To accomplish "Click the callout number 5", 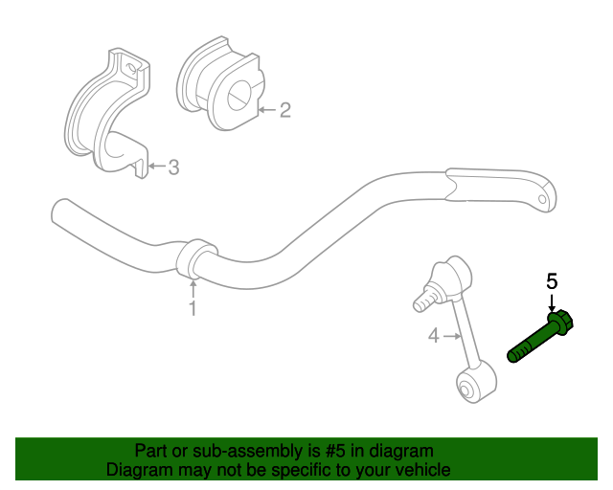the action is tap(552, 281).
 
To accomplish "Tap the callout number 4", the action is tap(434, 336).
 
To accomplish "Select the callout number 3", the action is tap(173, 167).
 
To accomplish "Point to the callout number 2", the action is tap(285, 110).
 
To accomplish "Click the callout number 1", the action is tap(193, 308).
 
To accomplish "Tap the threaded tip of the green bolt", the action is tap(513, 355).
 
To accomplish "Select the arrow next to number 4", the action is tap(452, 336).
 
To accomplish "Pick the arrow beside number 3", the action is tap(157, 166).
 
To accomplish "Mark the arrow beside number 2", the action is tap(268, 110).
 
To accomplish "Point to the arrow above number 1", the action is tap(193, 290).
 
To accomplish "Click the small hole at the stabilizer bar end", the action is tap(542, 200).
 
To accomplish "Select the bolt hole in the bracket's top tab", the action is tap(132, 68).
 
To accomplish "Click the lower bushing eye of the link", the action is tap(466, 390).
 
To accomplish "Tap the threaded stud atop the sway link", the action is tap(424, 300).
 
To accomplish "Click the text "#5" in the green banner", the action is tap(335, 451).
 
